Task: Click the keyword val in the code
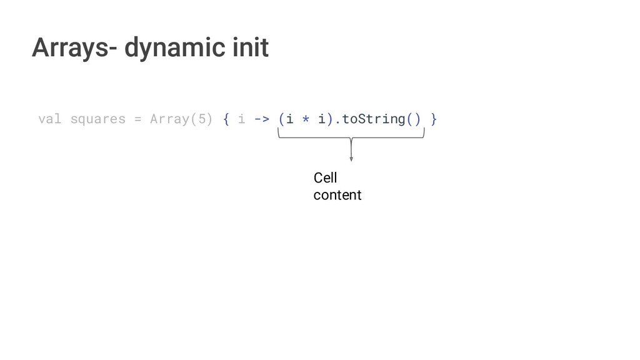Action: [x=49, y=119]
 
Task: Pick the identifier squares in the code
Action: [x=97, y=119]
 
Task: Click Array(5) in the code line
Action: [x=181, y=119]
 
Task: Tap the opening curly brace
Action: [x=226, y=119]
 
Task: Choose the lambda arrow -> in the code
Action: [x=262, y=119]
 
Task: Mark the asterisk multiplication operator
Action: [x=305, y=119]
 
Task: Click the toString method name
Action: [x=373, y=119]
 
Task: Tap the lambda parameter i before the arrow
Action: [x=242, y=119]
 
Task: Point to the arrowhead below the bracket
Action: [x=351, y=159]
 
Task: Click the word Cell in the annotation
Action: [x=325, y=179]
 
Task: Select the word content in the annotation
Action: [x=337, y=195]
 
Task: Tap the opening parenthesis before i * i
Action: [x=282, y=119]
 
